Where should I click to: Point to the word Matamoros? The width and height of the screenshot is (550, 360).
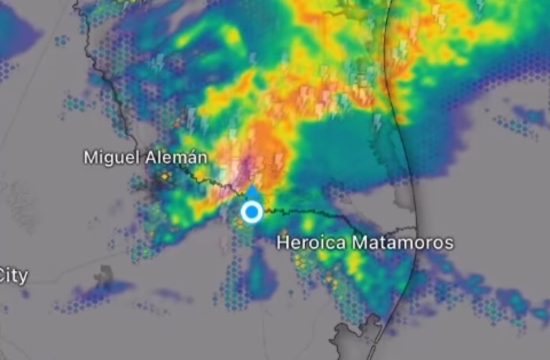click(x=403, y=243)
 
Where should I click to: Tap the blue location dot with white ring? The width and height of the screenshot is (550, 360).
click(x=252, y=212)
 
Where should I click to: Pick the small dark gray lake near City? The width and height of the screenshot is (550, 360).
click(x=103, y=274)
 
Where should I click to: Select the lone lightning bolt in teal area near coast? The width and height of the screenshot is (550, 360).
click(x=378, y=122)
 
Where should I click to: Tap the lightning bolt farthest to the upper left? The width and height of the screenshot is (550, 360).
click(x=158, y=62)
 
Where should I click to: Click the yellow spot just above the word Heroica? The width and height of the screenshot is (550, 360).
click(x=308, y=224)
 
